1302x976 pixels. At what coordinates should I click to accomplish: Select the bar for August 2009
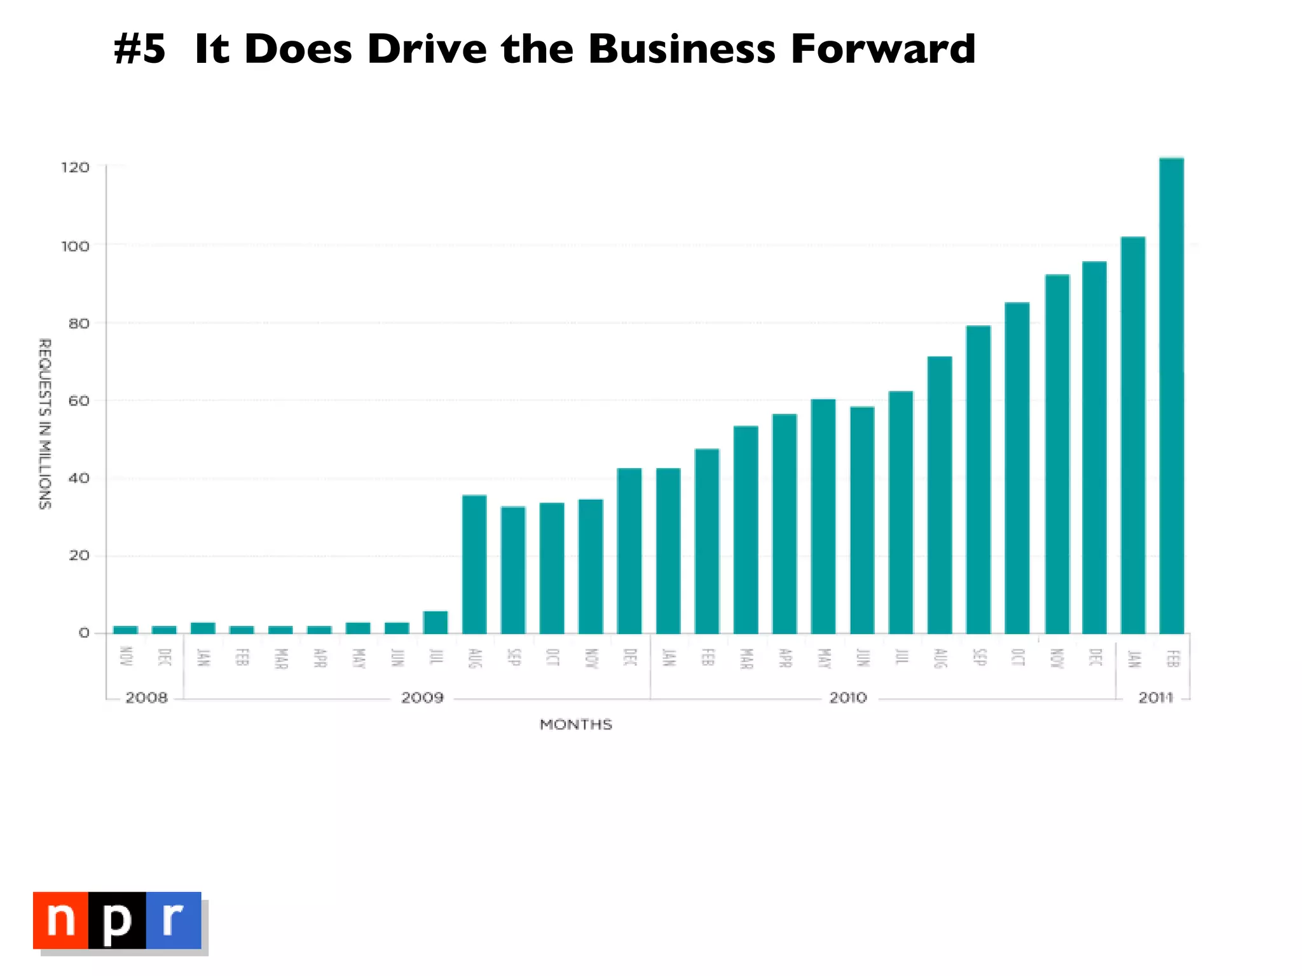[474, 564]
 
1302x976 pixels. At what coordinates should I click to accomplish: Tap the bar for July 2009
[435, 622]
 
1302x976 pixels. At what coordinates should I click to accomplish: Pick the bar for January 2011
[1132, 435]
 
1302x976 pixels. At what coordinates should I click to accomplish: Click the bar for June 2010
[862, 520]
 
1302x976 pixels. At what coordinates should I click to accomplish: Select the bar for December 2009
[629, 551]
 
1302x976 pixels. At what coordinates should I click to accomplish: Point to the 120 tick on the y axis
[75, 168]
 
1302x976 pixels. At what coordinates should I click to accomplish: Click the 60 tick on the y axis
[78, 401]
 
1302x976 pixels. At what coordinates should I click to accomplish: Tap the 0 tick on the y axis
[84, 633]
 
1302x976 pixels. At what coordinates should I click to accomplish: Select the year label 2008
[146, 698]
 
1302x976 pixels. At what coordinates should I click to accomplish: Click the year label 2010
[848, 698]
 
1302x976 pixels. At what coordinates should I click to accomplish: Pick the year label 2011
[1155, 698]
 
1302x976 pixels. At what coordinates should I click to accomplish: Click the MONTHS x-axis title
[576, 724]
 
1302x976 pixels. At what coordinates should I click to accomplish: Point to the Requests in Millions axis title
[45, 423]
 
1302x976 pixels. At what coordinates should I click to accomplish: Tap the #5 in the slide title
[140, 49]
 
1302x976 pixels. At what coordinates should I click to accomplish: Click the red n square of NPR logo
[61, 920]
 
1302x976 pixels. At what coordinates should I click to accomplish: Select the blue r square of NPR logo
[174, 920]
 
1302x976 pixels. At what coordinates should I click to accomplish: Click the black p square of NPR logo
[118, 920]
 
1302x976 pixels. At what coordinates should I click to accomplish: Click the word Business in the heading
[682, 49]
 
